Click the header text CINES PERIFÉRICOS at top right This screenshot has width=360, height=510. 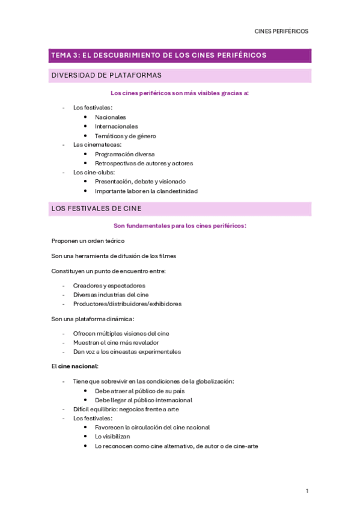pyautogui.click(x=281, y=31)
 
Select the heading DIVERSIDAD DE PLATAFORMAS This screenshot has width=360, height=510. pyautogui.click(x=106, y=75)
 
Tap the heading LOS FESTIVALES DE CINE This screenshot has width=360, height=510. pyautogui.click(x=96, y=208)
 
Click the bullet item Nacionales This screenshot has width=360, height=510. pyautogui.click(x=111, y=117)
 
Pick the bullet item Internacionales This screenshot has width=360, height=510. pyautogui.click(x=116, y=126)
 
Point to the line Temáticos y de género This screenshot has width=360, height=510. pyautogui.click(x=125, y=136)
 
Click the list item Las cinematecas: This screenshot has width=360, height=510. pyautogui.click(x=97, y=144)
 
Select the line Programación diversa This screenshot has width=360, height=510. pyautogui.click(x=124, y=154)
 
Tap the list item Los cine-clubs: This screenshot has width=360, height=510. pyautogui.click(x=94, y=172)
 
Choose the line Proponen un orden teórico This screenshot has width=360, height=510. pyautogui.click(x=88, y=241)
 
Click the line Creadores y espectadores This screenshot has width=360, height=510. pyautogui.click(x=109, y=286)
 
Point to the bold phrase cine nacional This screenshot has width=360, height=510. pyautogui.click(x=78, y=366)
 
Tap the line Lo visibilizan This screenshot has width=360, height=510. pyautogui.click(x=112, y=437)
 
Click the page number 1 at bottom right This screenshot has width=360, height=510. pyautogui.click(x=307, y=491)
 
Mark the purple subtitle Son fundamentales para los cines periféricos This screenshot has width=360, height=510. pyautogui.click(x=180, y=226)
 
